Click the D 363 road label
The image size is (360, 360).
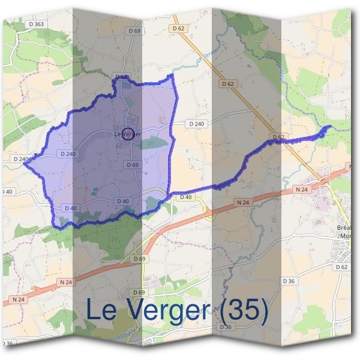click(x=36, y=24)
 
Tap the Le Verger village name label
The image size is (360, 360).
click(x=127, y=134)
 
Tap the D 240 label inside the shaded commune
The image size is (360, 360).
click(x=68, y=154)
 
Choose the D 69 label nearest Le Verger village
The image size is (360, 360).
click(x=133, y=164)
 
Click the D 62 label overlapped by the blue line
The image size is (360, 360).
click(x=278, y=137)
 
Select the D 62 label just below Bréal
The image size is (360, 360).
click(x=341, y=266)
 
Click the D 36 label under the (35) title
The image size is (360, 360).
click(x=226, y=327)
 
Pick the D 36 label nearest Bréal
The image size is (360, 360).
click(x=289, y=281)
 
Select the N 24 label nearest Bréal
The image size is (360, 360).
click(x=302, y=190)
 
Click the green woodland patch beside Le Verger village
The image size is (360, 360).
click(x=154, y=143)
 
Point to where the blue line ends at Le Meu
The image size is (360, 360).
click(x=329, y=127)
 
